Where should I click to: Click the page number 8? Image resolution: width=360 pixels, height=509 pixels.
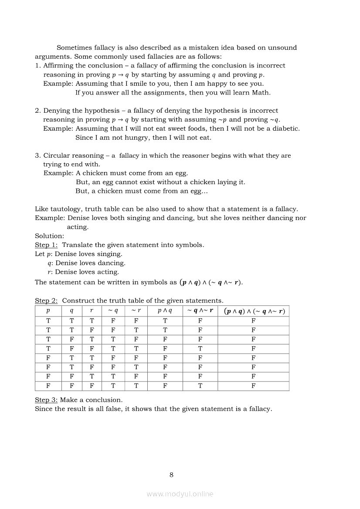pos(171,475)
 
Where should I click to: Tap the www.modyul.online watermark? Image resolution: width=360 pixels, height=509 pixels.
pos(180,494)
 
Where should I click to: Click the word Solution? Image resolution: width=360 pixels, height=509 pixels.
pos(50,236)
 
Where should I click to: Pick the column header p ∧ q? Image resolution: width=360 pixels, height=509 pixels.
pos(165,311)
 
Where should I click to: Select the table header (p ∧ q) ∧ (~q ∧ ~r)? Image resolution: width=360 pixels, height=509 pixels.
pos(253,311)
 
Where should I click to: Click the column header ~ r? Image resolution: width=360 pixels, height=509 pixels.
pos(136,311)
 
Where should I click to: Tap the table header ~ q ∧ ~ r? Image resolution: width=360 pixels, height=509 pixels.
pos(200,311)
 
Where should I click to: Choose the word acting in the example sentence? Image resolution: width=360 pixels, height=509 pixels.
pos(77,227)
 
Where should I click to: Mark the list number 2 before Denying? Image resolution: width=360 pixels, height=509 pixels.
pos(37,111)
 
